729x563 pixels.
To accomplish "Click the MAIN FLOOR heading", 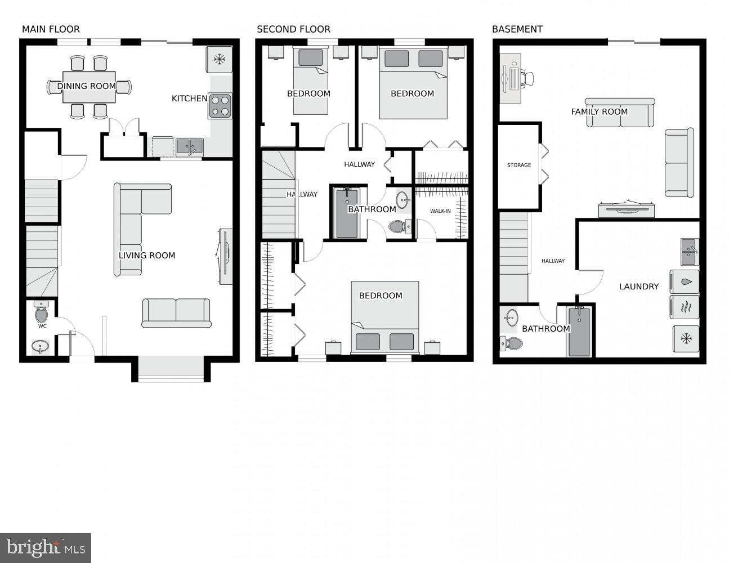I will click(51, 29).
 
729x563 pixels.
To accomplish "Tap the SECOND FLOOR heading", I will click(293, 29).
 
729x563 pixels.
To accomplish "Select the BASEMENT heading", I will click(517, 29).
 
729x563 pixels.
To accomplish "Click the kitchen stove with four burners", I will click(220, 106).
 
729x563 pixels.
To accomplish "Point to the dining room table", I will click(89, 87).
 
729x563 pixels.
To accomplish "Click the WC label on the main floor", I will click(42, 326).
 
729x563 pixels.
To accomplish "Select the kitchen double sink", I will click(189, 147).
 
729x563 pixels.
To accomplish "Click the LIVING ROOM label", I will click(146, 256).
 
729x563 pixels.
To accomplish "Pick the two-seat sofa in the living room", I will click(176, 312).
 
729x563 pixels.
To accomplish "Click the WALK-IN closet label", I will click(440, 211).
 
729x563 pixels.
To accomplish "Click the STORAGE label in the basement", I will click(518, 166).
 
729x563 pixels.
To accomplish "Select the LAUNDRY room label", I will click(638, 287).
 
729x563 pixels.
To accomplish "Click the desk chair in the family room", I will click(527, 78).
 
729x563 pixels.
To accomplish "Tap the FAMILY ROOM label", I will click(599, 112).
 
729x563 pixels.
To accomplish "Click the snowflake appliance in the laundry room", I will click(686, 338).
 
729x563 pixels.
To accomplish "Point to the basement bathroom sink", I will click(511, 318).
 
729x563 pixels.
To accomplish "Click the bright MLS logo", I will click(46, 548).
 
